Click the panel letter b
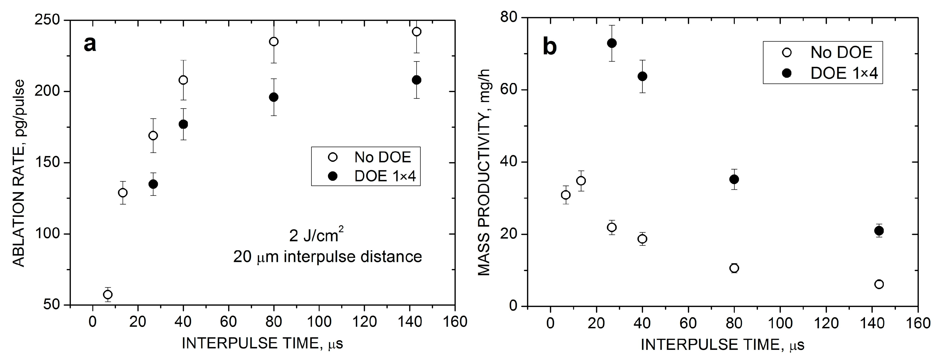click(550, 47)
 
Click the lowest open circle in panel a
click(108, 294)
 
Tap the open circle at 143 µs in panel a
click(416, 32)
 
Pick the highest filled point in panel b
click(612, 43)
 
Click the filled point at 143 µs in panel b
click(879, 230)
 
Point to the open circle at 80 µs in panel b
click(734, 268)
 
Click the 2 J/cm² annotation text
click(316, 236)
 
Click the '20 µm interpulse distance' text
click(327, 257)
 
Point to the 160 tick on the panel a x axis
click(454, 322)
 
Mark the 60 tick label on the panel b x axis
click(688, 323)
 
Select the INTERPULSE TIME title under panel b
click(723, 344)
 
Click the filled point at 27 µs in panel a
click(153, 184)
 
